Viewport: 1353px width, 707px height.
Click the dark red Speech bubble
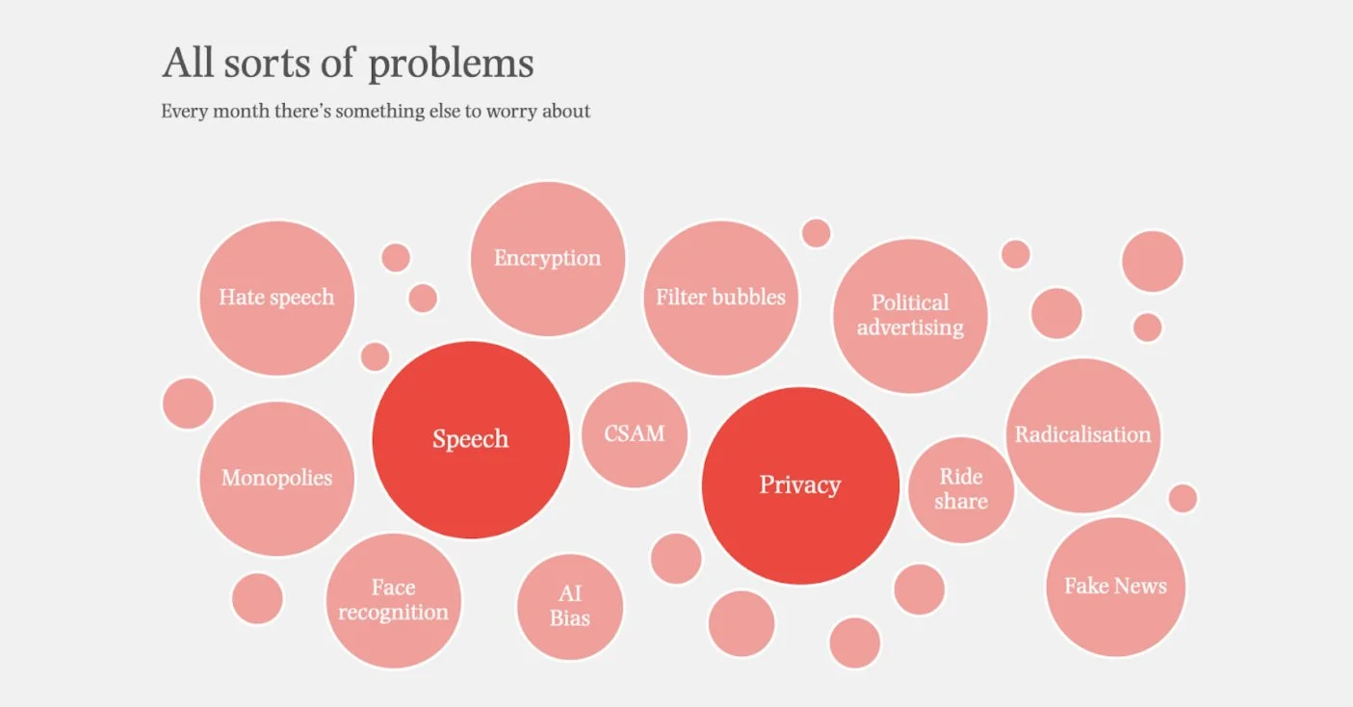coord(471,440)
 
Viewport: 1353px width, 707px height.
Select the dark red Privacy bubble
coord(800,485)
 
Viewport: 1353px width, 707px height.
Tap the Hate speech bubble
coord(276,298)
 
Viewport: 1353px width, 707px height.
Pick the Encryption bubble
coord(547,258)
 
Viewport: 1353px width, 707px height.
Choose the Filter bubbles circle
coord(720,298)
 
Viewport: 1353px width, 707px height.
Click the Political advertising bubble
coord(910,315)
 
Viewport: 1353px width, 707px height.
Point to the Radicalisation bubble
coord(1083,435)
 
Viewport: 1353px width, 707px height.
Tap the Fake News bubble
coord(1115,587)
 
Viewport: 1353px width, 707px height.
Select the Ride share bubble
coord(961,489)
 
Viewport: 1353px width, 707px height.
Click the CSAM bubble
coord(635,434)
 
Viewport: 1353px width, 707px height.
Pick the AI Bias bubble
coord(570,607)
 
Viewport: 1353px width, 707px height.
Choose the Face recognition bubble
coord(393,600)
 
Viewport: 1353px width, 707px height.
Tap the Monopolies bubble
coord(276,479)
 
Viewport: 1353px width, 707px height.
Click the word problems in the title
coord(452,65)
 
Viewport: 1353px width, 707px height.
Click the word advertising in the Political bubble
coord(910,327)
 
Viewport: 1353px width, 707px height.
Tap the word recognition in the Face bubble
coord(393,613)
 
